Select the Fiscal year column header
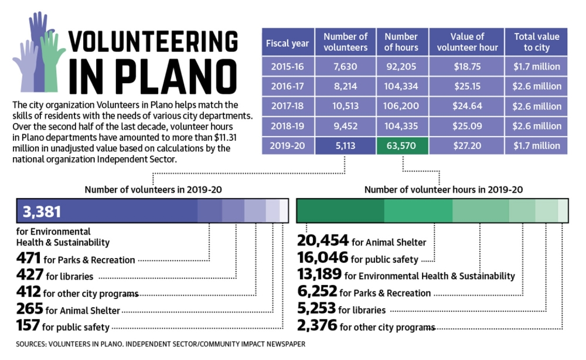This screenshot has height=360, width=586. (287, 42)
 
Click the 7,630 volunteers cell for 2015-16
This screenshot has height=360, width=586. (345, 66)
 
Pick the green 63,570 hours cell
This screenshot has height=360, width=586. (402, 146)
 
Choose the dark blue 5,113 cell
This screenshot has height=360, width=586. (345, 146)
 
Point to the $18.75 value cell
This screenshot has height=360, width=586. (467, 66)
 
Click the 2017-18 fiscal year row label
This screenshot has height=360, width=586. (287, 106)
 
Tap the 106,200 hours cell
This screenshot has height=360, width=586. (402, 106)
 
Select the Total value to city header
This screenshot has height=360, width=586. (536, 42)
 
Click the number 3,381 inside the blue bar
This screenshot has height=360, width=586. (42, 212)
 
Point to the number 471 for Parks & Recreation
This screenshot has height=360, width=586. (28, 258)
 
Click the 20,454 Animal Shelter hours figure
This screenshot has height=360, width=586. (323, 240)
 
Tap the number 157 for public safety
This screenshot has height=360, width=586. (28, 325)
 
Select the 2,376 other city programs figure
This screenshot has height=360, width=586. (317, 325)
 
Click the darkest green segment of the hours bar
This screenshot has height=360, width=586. (340, 211)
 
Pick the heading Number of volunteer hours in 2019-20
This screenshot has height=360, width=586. (443, 189)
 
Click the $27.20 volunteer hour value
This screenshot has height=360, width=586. (467, 146)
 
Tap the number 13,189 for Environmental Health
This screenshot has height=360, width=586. (319, 274)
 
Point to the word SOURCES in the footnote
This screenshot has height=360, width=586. (31, 344)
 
